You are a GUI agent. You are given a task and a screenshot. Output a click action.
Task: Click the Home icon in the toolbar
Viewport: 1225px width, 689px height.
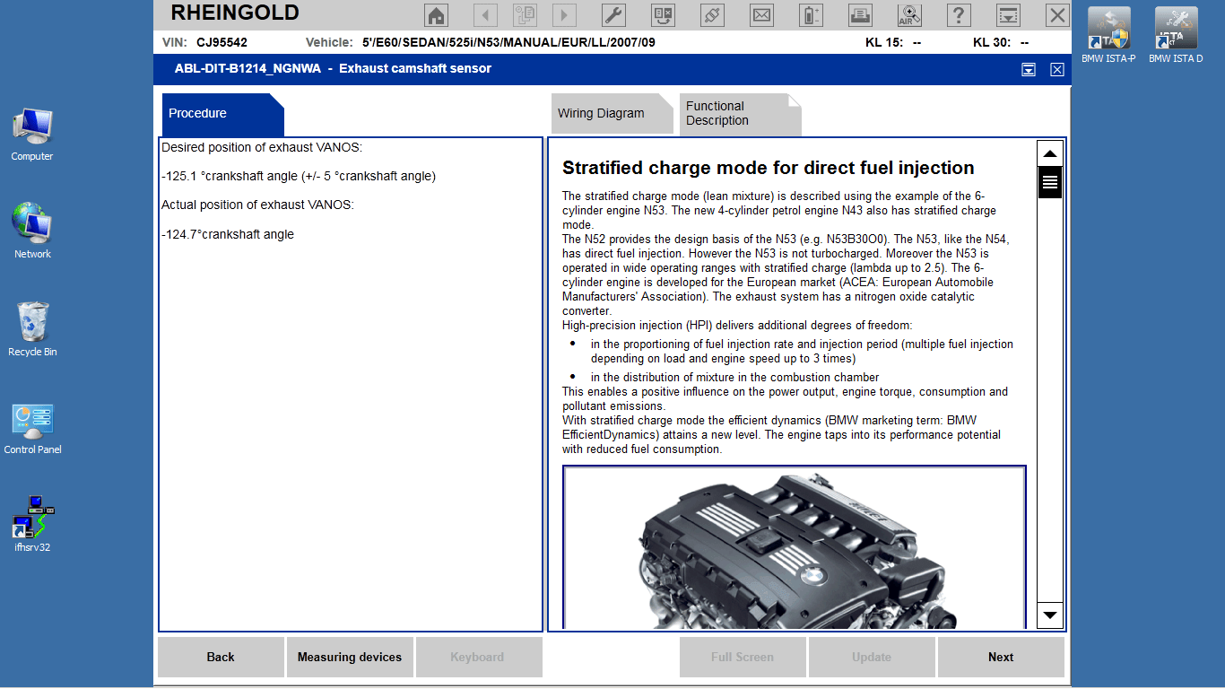click(436, 15)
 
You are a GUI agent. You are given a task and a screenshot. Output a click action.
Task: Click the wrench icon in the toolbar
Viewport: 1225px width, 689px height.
click(613, 15)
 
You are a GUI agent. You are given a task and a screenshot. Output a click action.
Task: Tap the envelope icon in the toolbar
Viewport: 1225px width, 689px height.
click(761, 15)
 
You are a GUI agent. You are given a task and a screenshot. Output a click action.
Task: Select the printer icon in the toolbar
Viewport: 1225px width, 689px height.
click(859, 15)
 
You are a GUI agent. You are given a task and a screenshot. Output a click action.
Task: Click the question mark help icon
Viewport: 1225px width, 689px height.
click(959, 15)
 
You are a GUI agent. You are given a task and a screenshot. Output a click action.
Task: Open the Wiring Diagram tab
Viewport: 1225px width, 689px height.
click(602, 114)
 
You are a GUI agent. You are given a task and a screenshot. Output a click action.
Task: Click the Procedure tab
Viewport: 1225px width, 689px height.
click(198, 114)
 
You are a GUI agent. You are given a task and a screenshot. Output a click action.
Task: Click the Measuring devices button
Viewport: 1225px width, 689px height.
click(349, 658)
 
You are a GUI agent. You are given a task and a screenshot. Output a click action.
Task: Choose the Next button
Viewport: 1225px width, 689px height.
click(1001, 658)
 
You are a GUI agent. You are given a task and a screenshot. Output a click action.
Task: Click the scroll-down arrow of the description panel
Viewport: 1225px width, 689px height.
click(1050, 615)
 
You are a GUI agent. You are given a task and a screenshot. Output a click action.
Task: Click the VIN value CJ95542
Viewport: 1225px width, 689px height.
click(222, 42)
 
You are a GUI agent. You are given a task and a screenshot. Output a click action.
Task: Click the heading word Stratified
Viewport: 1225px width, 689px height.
click(602, 168)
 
